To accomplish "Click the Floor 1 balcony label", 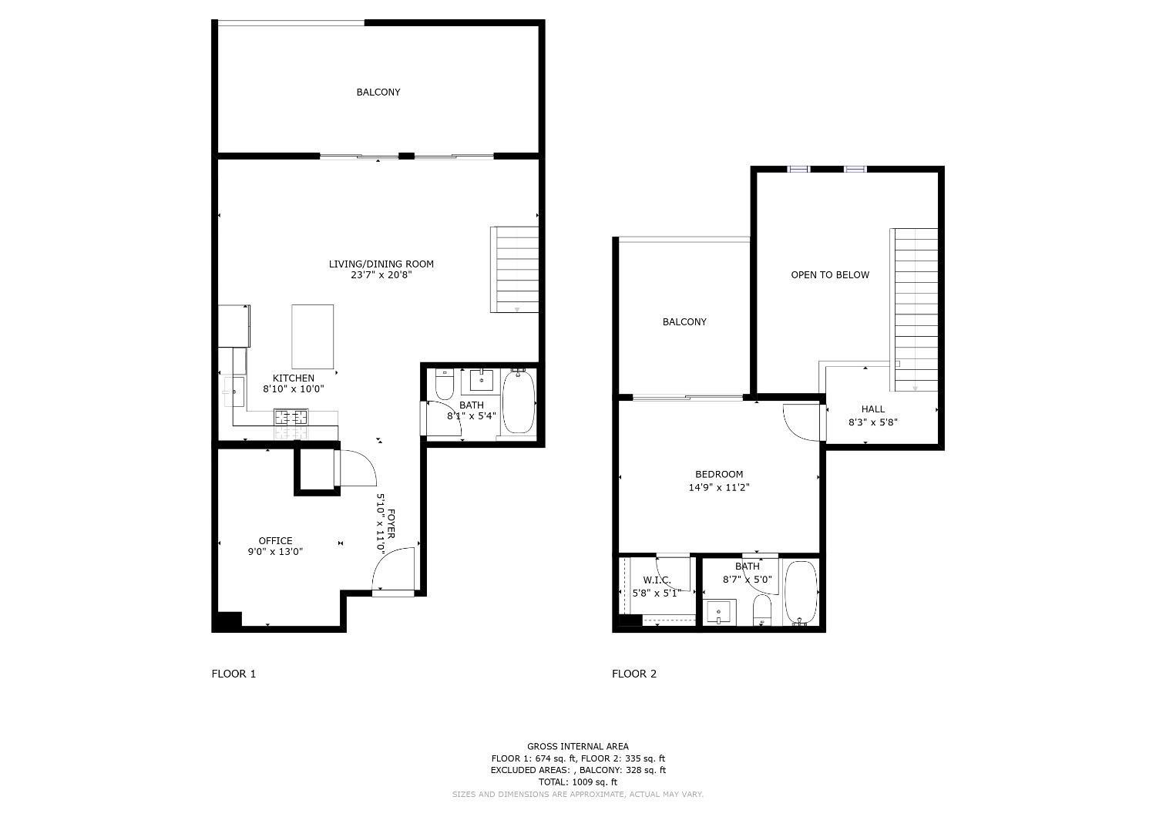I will point(378,92).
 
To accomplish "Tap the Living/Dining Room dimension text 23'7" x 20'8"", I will point(381,275).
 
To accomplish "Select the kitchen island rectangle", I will point(313,337).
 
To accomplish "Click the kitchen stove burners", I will point(291,417).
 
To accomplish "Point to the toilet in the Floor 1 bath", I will point(445,385).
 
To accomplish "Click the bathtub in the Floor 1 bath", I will point(519,402).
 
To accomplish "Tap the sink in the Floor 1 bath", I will point(482,381).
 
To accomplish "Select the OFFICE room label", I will point(275,541).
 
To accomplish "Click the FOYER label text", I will point(391,523).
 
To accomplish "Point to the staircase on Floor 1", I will point(515,270).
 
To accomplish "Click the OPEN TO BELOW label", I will point(830,275).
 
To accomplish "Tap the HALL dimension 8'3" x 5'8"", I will point(872,422).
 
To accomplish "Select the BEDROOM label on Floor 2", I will point(719,475).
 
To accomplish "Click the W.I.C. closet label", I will point(657,580).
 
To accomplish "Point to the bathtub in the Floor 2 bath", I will point(801,593).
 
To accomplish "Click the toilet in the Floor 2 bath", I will point(761,610).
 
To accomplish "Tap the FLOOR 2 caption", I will point(634,674).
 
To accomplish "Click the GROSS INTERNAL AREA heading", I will point(577,746).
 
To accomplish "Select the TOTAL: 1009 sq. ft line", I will point(577,782).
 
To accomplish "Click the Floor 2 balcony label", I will point(684,322).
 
